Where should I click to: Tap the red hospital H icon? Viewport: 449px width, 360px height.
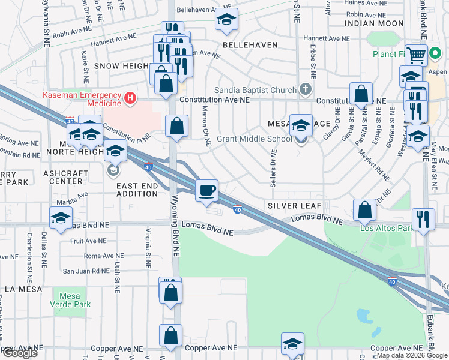pos(129,97)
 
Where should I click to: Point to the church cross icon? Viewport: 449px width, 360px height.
pos(306,90)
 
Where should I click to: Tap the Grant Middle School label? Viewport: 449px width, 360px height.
pos(255,139)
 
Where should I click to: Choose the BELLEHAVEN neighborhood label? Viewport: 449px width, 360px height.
pos(250,45)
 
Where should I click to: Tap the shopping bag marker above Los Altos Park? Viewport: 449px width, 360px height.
pos(364,210)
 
